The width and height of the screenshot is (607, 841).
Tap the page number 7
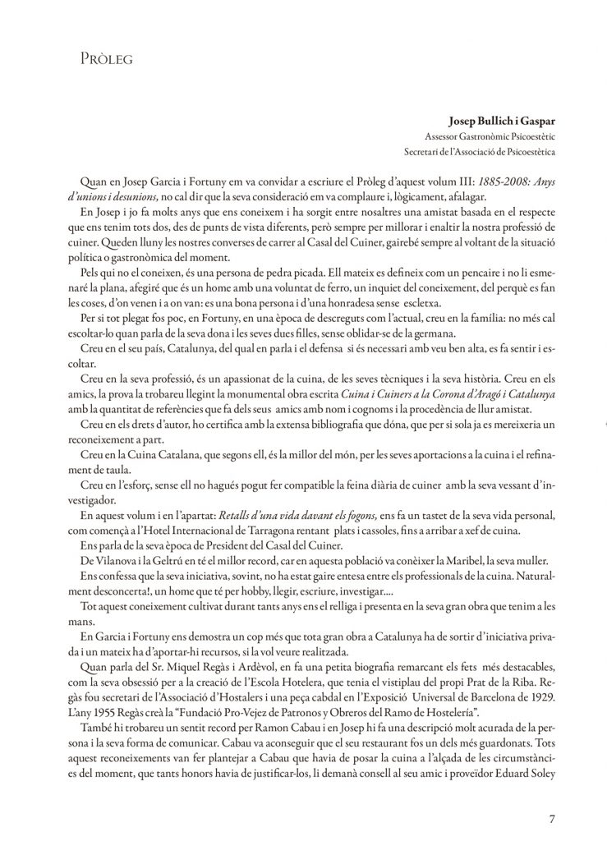tap(551, 817)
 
